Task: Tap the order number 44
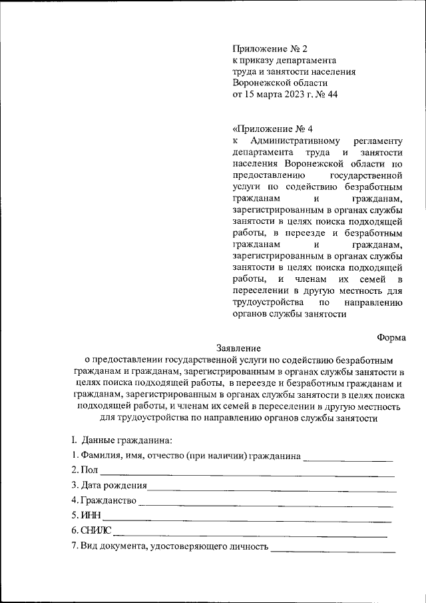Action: [332, 95]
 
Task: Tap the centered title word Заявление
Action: [238, 348]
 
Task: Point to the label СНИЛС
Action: [96, 531]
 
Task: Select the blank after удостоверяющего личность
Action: [333, 550]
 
